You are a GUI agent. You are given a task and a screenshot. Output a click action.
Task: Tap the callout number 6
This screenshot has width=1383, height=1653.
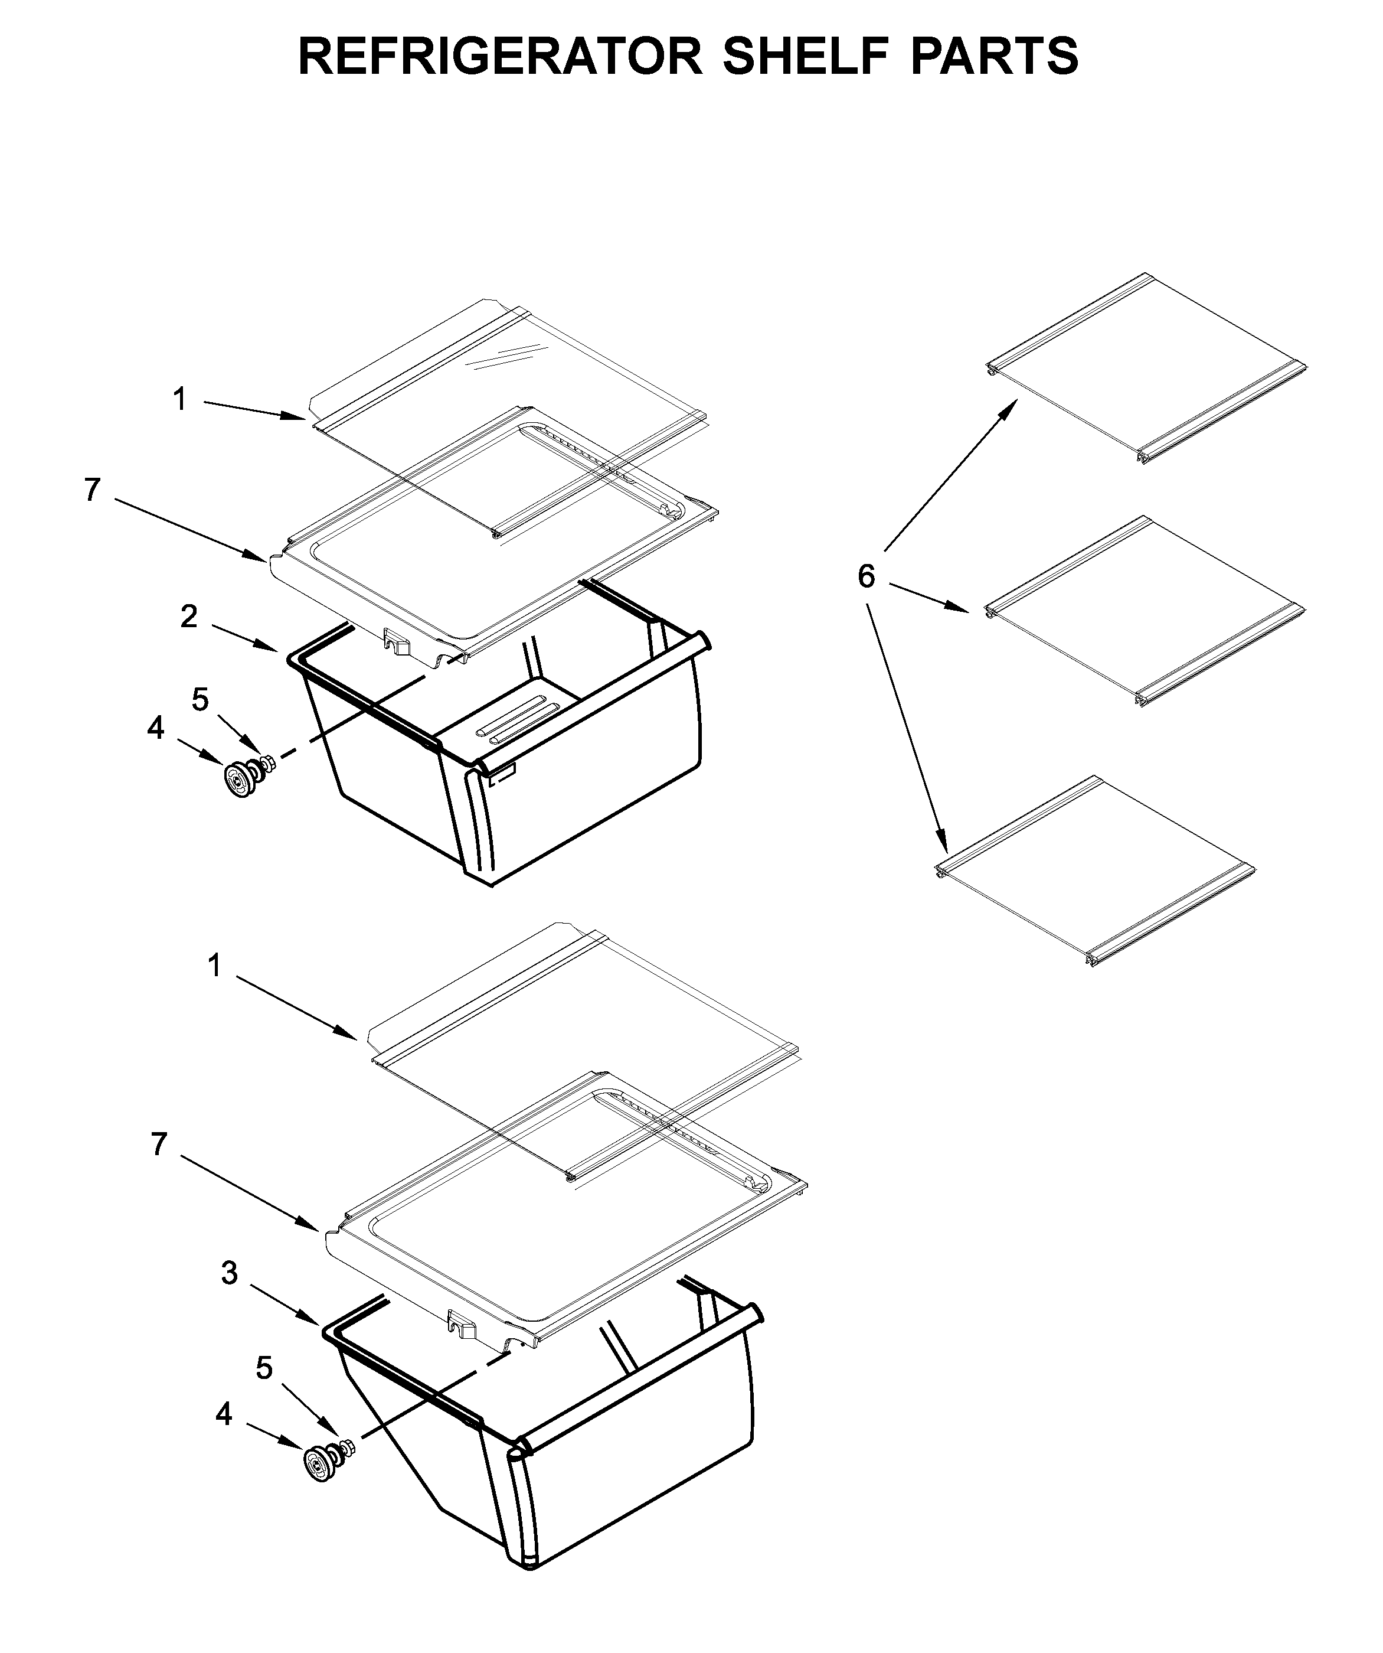[865, 577]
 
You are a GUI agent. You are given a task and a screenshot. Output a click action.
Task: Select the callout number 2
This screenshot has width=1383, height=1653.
[189, 617]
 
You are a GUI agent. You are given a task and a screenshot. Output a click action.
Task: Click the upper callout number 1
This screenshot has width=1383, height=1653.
[180, 399]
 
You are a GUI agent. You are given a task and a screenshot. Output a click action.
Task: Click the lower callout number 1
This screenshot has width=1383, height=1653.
[214, 965]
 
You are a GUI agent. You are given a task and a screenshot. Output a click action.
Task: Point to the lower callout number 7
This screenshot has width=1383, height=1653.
[160, 1144]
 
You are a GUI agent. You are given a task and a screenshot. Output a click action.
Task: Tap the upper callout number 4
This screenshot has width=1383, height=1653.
[156, 728]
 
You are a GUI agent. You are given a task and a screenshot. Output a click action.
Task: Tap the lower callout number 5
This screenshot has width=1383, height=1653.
[264, 1368]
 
